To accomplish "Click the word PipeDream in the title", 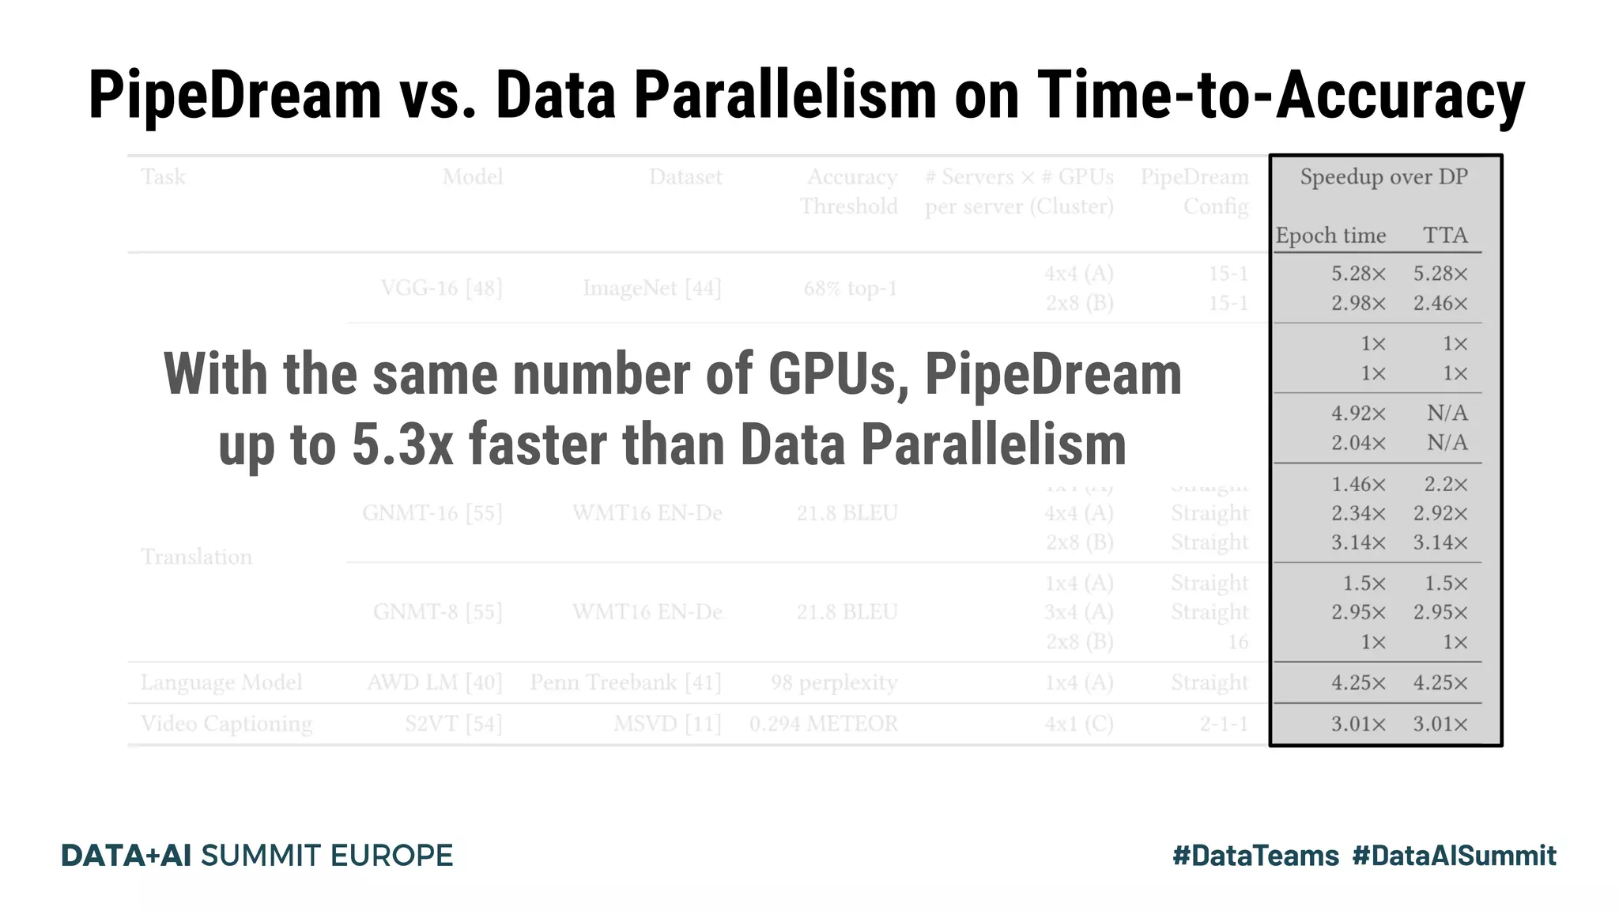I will click(235, 96).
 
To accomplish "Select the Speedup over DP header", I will click(1383, 177).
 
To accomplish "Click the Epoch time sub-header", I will click(1330, 236).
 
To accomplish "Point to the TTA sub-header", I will click(1445, 236).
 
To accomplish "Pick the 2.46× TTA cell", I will click(1440, 304).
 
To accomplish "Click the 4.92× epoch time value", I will click(1358, 414).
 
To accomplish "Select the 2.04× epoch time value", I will click(1358, 443).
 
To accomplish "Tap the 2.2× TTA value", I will click(1446, 484).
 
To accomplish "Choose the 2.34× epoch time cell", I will click(1358, 514).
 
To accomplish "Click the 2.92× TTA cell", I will click(1440, 514).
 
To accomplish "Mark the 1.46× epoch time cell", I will click(1358, 484).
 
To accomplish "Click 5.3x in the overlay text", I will click(402, 444).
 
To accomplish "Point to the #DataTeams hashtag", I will click(1255, 856).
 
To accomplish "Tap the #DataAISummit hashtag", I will click(1454, 856).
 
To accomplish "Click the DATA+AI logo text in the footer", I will click(126, 856).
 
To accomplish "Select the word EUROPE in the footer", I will click(391, 856).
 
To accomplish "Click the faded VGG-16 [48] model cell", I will click(441, 289).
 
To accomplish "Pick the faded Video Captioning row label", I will click(226, 724).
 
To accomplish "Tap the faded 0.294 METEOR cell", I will click(823, 724).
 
